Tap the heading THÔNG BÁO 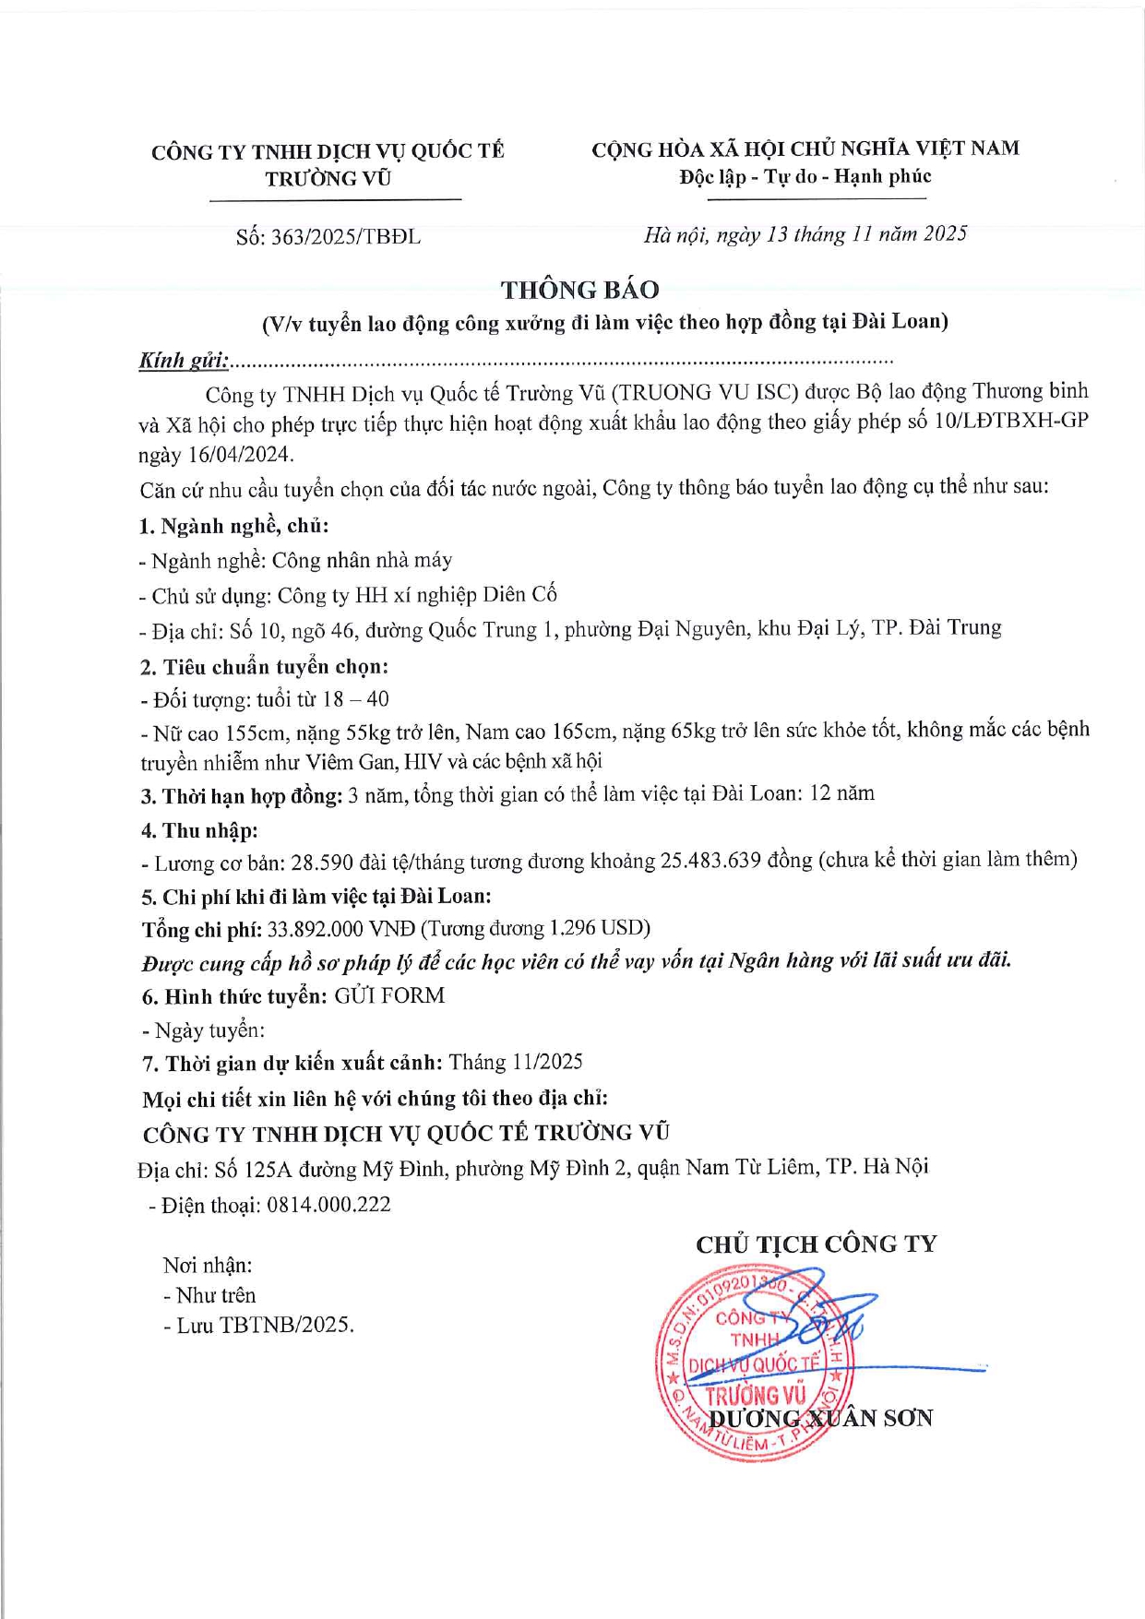(580, 290)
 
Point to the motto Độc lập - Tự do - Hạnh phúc (805, 176)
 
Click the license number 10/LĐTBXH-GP (1011, 422)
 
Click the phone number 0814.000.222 (328, 1205)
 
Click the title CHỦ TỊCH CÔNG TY (816, 1244)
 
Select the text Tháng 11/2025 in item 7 (516, 1063)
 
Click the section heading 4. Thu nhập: (199, 830)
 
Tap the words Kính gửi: (184, 361)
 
